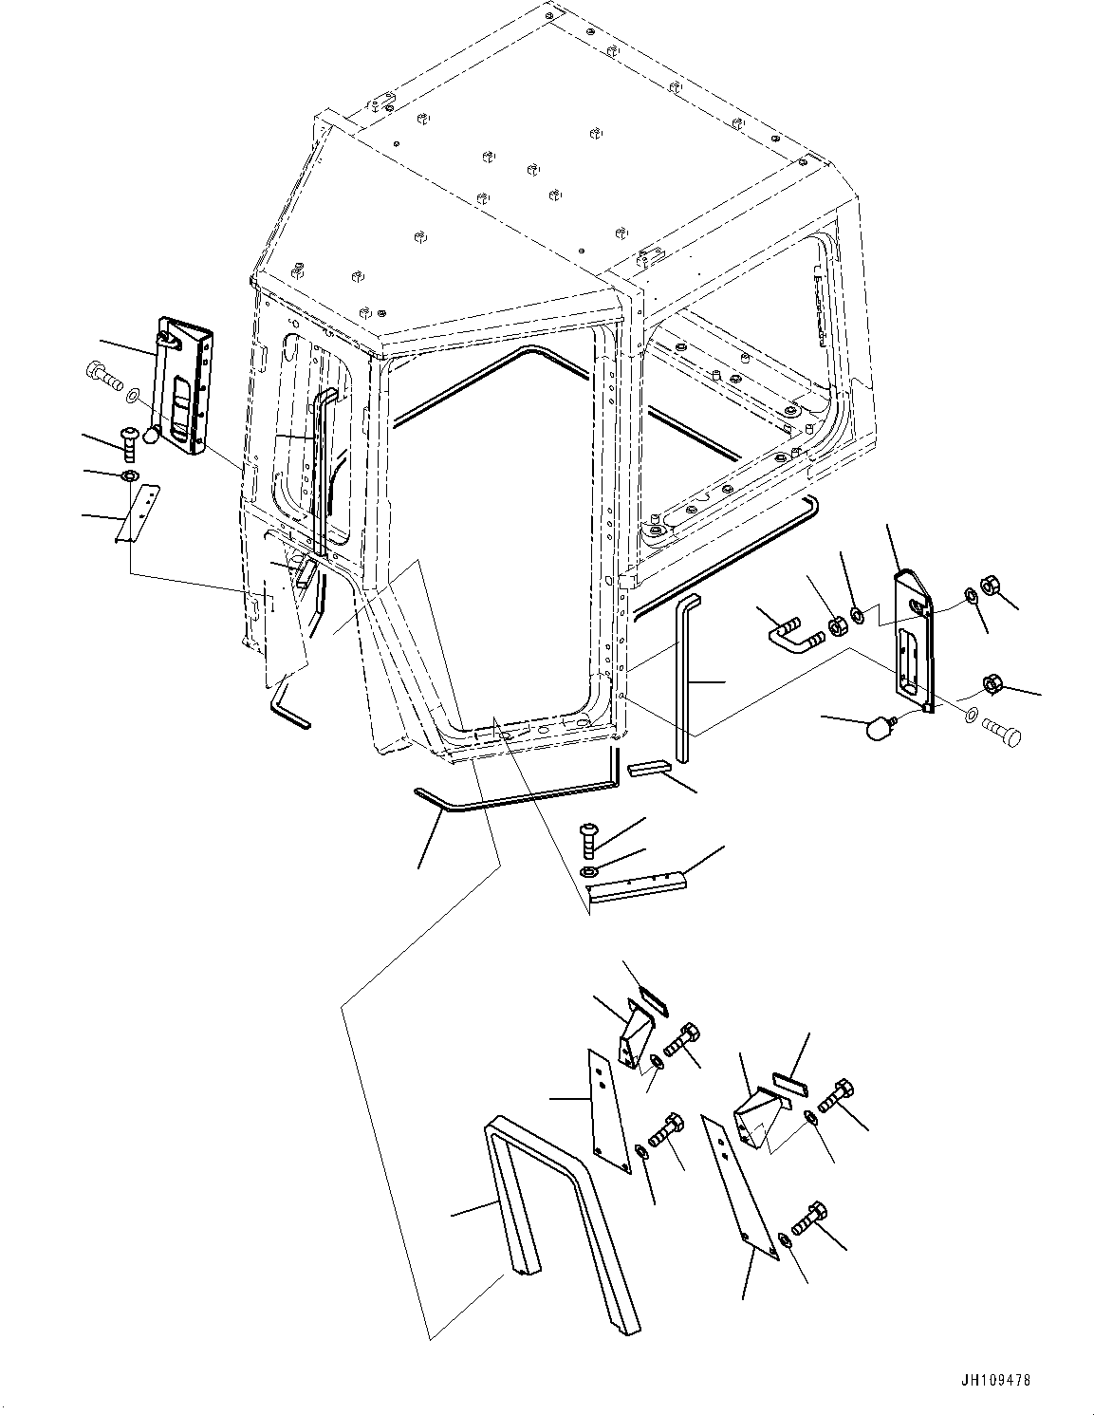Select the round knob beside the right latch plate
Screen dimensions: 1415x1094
(x=881, y=729)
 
